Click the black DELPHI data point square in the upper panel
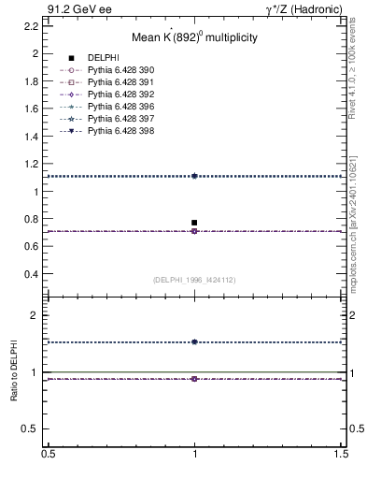tap(194, 223)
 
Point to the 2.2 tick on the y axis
tap(32, 26)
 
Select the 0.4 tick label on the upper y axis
tap(32, 274)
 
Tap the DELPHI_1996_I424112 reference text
tap(194, 279)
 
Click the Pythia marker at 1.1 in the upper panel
tap(194, 176)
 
